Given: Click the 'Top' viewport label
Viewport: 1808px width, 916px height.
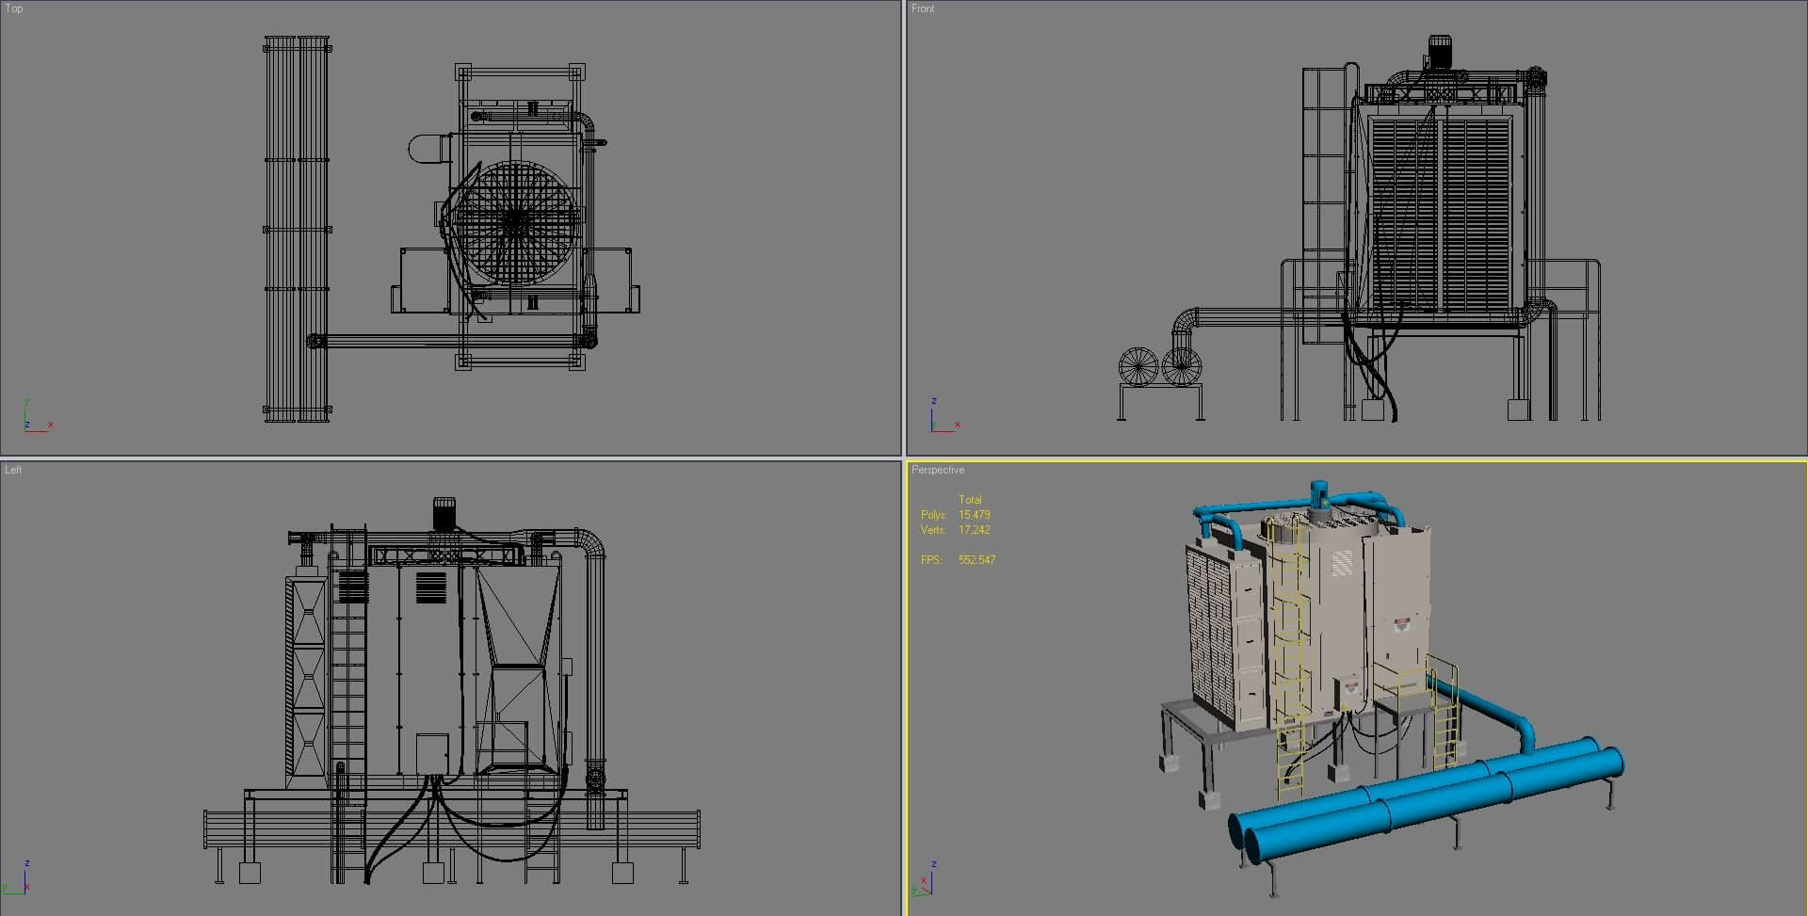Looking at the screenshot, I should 14,8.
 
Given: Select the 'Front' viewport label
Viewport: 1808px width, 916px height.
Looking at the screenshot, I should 923,8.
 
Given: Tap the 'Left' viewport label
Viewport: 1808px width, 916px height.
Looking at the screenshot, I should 13,470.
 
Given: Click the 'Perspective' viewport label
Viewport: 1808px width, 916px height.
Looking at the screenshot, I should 938,470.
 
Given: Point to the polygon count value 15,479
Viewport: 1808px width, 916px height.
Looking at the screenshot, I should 975,515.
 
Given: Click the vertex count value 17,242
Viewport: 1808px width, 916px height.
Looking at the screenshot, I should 975,530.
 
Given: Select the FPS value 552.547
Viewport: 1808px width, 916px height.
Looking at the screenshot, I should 977,560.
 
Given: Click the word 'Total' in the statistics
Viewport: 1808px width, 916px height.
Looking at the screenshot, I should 970,500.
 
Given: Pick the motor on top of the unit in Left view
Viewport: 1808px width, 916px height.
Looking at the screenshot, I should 444,513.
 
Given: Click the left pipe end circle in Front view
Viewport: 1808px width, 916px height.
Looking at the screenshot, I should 1138,366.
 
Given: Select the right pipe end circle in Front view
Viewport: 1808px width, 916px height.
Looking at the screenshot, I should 1181,366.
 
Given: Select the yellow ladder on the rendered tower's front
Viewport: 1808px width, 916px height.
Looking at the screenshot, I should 1288,650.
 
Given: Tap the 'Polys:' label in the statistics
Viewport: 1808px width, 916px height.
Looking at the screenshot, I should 933,515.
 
